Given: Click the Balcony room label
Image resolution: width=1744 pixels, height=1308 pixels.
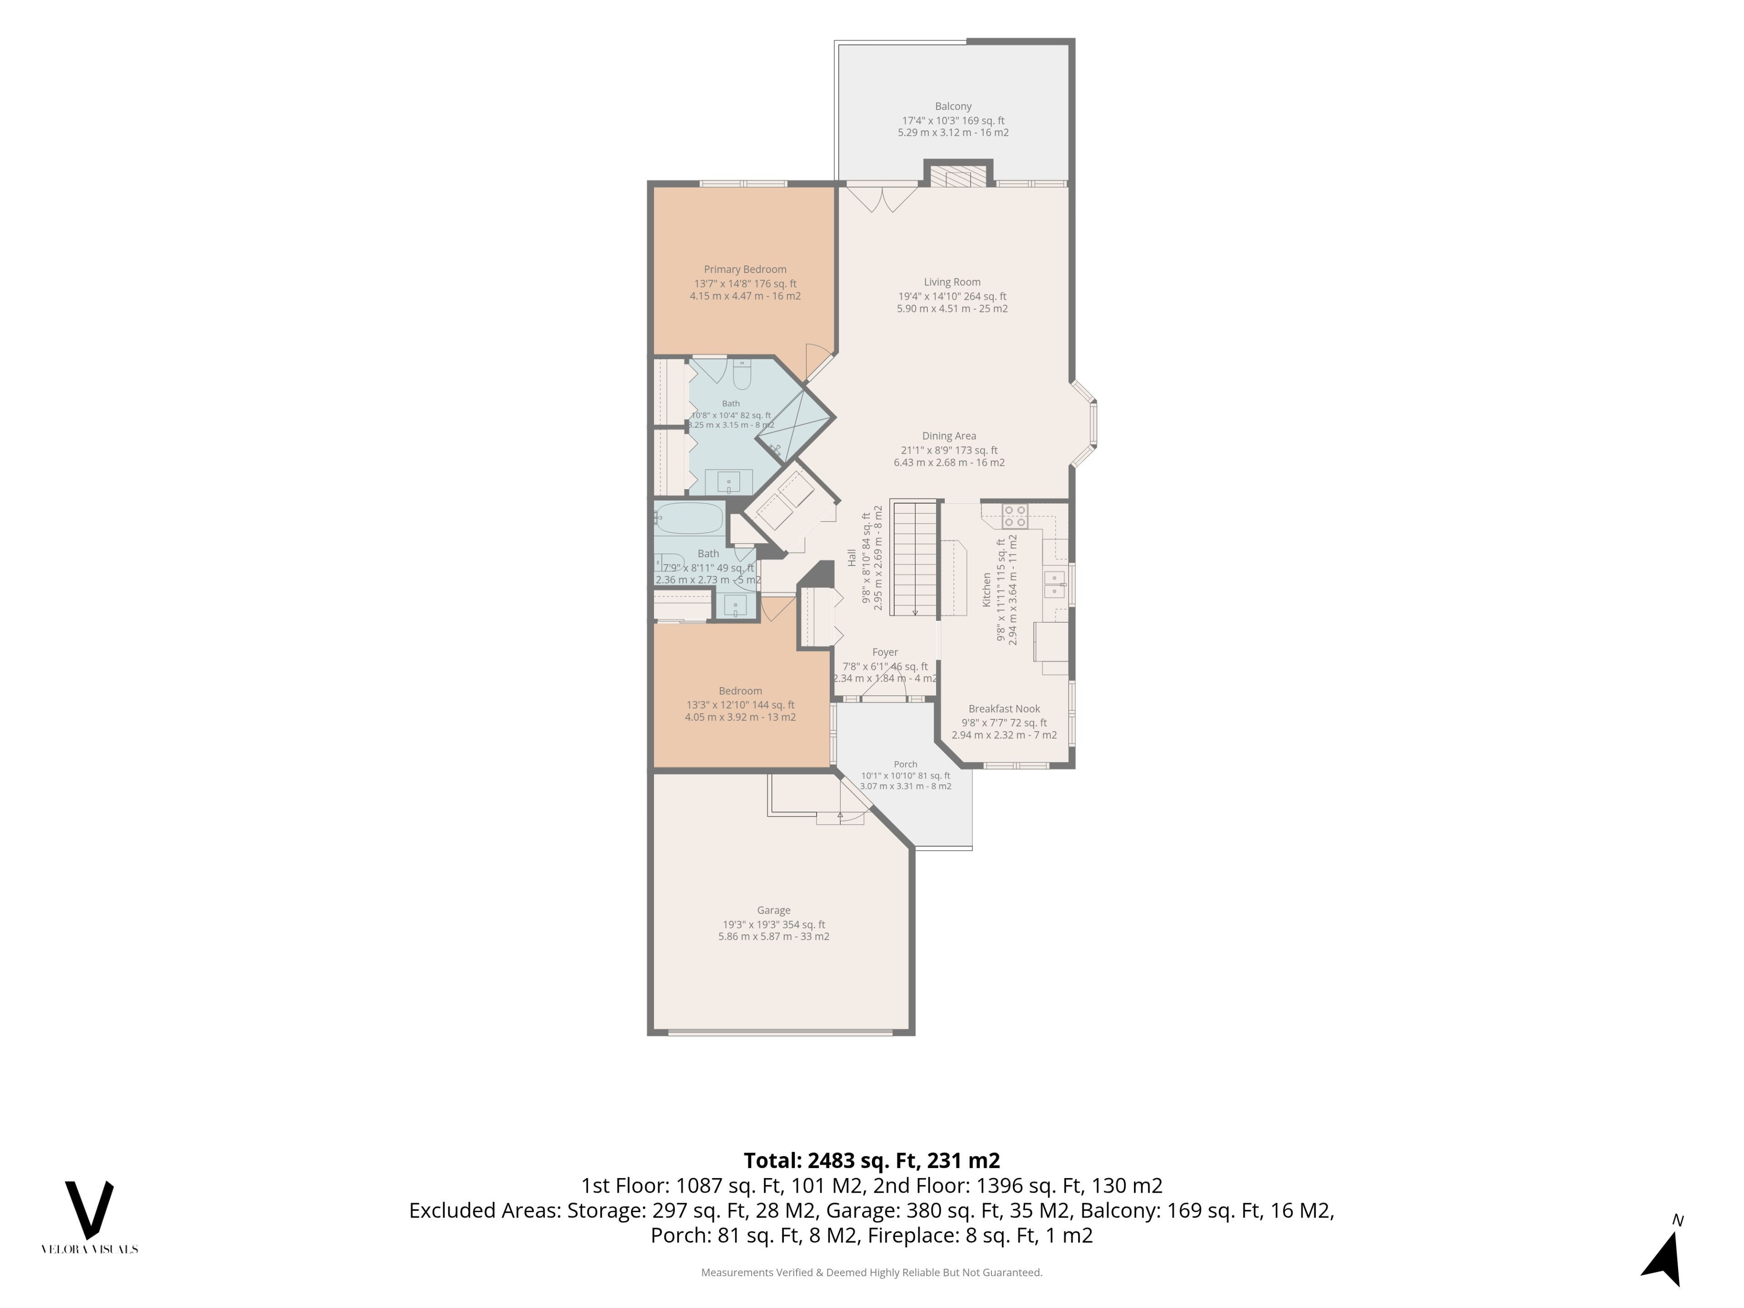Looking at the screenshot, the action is [x=953, y=106].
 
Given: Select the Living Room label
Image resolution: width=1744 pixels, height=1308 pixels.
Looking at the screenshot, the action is [x=952, y=282].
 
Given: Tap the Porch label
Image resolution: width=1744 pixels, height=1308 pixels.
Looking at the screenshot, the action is [x=906, y=764].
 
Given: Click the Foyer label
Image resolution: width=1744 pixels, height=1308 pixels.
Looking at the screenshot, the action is [x=886, y=652].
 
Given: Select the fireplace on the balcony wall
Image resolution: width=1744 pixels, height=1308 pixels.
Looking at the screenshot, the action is [x=958, y=174].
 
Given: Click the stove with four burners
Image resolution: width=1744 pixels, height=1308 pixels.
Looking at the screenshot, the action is [x=1015, y=516].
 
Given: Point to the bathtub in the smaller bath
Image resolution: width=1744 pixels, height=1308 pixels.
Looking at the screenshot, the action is [x=689, y=518].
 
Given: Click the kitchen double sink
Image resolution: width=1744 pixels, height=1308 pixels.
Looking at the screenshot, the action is [x=1054, y=585].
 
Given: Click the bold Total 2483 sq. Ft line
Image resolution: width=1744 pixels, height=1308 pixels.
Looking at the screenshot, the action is [x=872, y=1160].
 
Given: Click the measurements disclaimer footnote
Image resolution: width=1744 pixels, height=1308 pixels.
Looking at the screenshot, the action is [x=872, y=1273].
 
